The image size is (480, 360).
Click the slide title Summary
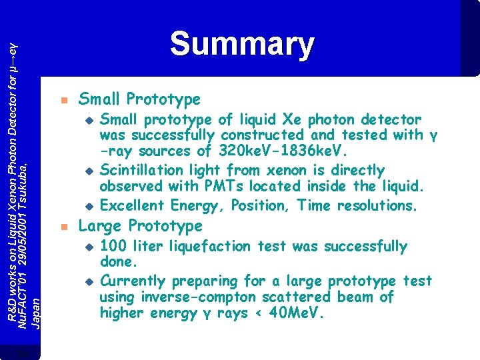tap(241, 44)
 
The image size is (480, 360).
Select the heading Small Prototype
tap(139, 99)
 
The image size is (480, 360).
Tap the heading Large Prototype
tap(140, 225)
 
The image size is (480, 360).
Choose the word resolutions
tap(377, 205)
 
